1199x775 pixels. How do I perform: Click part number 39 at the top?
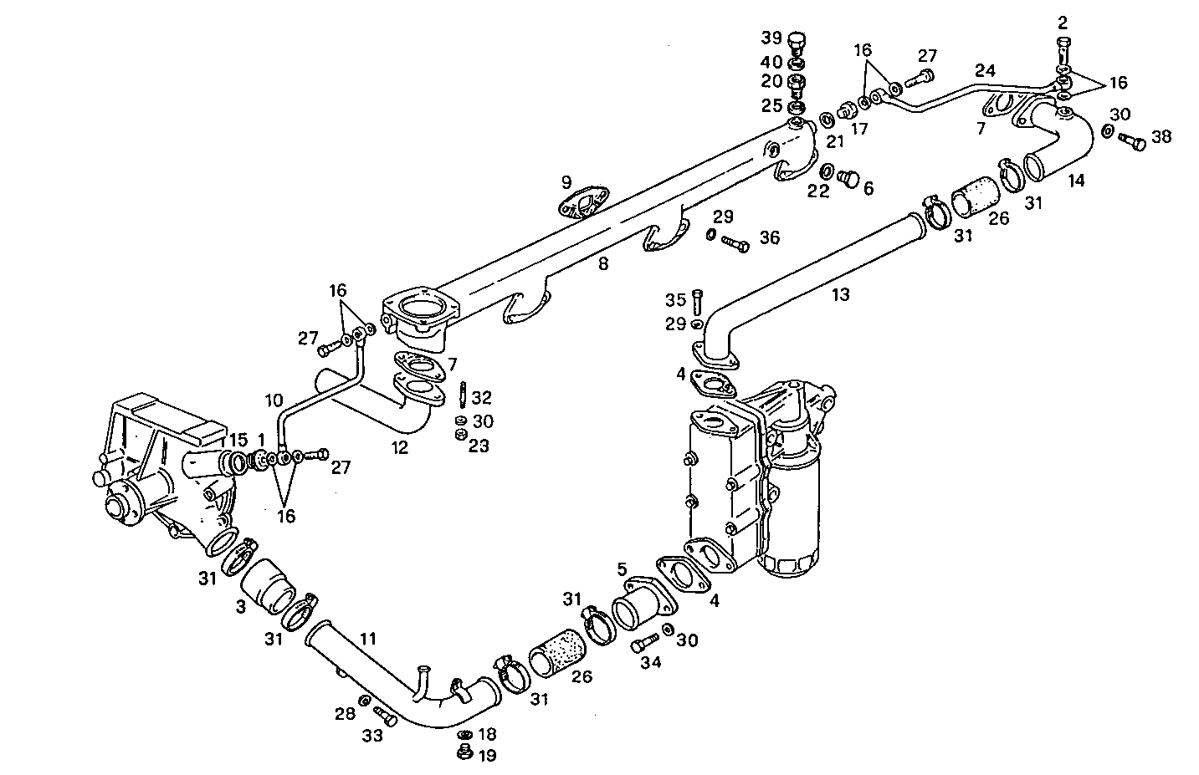(x=771, y=38)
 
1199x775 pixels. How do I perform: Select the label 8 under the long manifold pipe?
(x=602, y=264)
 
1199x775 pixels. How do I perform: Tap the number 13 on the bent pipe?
(x=840, y=294)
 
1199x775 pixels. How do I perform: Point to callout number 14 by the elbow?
(x=1075, y=180)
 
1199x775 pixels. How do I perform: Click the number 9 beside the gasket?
(x=566, y=181)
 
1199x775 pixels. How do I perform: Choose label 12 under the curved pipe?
(x=400, y=447)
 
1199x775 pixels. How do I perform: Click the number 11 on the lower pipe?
(x=368, y=640)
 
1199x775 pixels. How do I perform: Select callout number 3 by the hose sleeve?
(x=241, y=607)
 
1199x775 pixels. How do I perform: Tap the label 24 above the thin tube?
(x=985, y=70)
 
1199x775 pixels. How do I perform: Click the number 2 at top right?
(x=1063, y=22)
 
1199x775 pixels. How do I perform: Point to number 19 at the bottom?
(x=486, y=756)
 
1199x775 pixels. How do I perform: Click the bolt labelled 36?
(x=735, y=244)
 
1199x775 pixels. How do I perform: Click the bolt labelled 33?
(x=386, y=716)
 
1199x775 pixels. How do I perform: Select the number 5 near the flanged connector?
(x=622, y=569)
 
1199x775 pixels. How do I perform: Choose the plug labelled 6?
(x=848, y=177)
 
